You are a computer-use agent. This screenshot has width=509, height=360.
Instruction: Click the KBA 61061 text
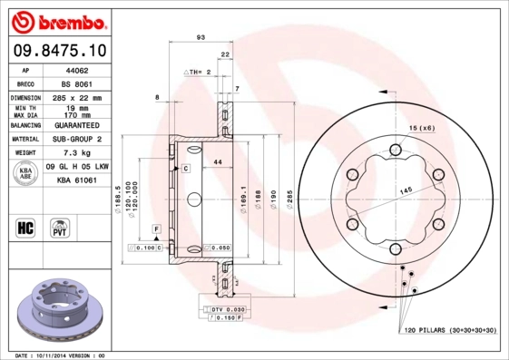pyautogui.click(x=78, y=181)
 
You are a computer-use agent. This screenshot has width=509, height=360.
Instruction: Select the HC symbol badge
pyautogui.click(x=26, y=226)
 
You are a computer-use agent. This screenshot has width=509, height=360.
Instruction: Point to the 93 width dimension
pyautogui.click(x=200, y=38)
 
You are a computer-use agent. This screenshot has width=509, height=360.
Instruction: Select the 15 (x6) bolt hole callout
pyautogui.click(x=422, y=127)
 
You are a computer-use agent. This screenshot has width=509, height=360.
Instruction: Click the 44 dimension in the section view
pyautogui.click(x=218, y=161)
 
